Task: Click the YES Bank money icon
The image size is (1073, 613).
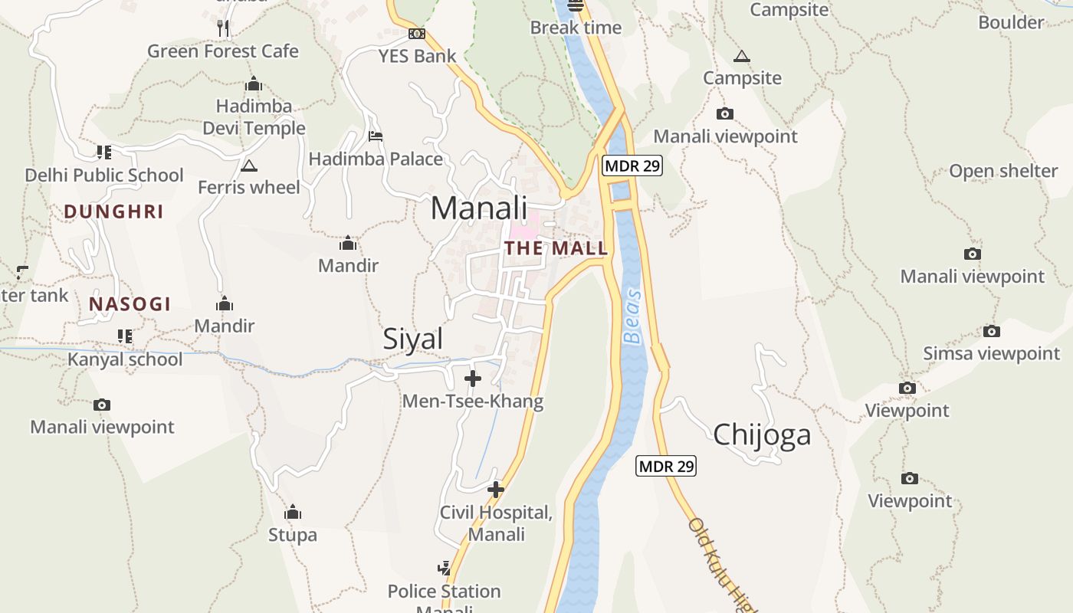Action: (417, 34)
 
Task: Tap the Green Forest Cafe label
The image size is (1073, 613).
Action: (223, 51)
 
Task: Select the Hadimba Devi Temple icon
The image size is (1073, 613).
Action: (254, 84)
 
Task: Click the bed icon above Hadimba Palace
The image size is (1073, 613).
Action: (376, 136)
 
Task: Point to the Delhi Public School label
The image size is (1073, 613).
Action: (104, 175)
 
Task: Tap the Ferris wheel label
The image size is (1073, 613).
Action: (249, 187)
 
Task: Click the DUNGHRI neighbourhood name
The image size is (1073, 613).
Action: (113, 212)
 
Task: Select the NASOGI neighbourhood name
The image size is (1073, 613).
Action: (130, 304)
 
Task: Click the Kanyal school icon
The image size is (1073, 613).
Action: (124, 336)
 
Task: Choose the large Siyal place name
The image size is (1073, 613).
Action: (413, 339)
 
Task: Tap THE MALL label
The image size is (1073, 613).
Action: (556, 248)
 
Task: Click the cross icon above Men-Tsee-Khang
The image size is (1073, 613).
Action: (473, 378)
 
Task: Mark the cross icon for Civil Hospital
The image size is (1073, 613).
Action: (496, 489)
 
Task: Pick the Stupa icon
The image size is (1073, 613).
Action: (293, 512)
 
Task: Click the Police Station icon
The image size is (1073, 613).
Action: (445, 568)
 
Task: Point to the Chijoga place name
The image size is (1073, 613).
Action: (762, 435)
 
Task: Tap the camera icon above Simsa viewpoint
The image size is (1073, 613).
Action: (992, 331)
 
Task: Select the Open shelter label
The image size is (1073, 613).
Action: (1003, 171)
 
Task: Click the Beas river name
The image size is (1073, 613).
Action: (632, 316)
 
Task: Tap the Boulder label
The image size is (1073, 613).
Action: (1011, 22)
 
